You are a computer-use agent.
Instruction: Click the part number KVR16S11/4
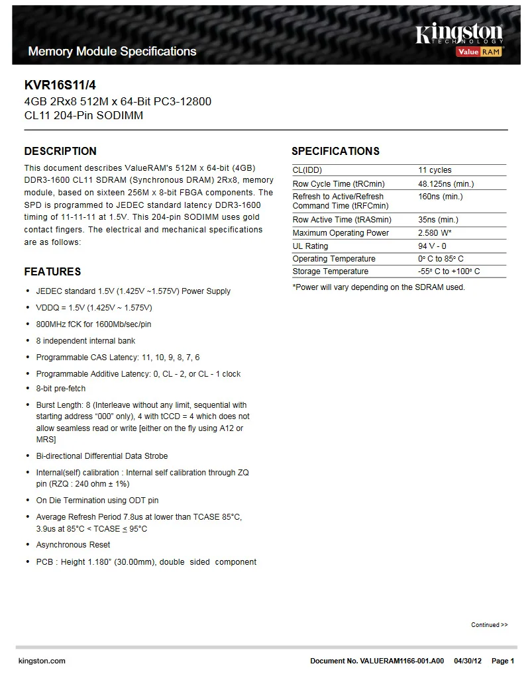[x=56, y=85]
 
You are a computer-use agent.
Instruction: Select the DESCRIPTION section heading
[x=60, y=151]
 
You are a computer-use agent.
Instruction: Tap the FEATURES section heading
[x=52, y=271]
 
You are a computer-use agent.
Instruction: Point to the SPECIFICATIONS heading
[x=335, y=151]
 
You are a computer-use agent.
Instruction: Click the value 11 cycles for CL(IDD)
[x=435, y=170]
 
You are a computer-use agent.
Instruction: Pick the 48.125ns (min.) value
[x=446, y=183]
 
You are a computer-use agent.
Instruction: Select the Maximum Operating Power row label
[x=341, y=233]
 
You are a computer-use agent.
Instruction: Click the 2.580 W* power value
[x=435, y=233]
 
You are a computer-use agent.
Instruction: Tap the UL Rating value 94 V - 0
[x=432, y=246]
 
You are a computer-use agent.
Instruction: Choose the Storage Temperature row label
[x=330, y=271]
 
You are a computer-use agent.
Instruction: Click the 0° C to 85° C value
[x=441, y=259]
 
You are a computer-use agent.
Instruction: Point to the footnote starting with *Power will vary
[x=378, y=287]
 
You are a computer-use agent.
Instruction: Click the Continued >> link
[x=489, y=625]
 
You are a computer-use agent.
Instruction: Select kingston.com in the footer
[x=42, y=661]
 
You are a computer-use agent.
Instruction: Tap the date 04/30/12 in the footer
[x=468, y=661]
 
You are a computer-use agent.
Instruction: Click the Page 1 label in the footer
[x=503, y=661]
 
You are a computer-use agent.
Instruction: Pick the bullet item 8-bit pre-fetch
[x=60, y=389]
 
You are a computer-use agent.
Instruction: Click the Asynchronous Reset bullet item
[x=73, y=545]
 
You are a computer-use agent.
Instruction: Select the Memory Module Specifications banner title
[x=112, y=52]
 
